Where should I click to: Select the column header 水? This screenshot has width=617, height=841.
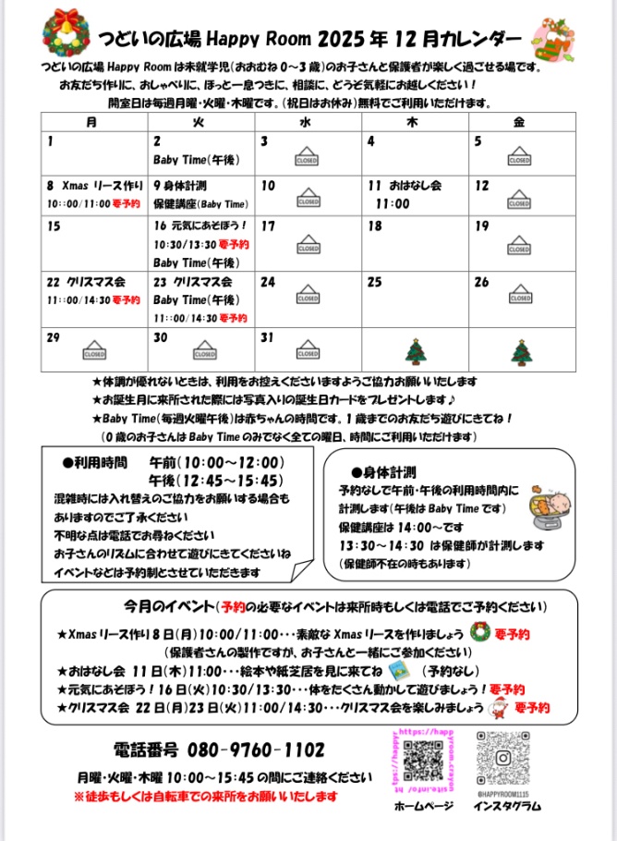click(305, 121)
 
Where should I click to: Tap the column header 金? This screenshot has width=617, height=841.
click(519, 121)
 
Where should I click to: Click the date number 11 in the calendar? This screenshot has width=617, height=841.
click(375, 185)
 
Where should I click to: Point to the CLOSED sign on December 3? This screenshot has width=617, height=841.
click(307, 155)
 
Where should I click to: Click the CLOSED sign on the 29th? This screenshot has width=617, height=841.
click(94, 351)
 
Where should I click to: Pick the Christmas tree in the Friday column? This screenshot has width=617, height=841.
click(519, 351)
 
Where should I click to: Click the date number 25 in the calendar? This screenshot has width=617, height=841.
click(375, 282)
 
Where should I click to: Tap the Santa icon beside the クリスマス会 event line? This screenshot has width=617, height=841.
click(500, 708)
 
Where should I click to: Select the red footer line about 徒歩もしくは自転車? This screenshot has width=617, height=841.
click(205, 796)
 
